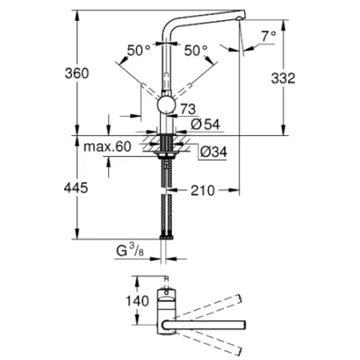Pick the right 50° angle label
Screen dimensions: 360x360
(x=196, y=50)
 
